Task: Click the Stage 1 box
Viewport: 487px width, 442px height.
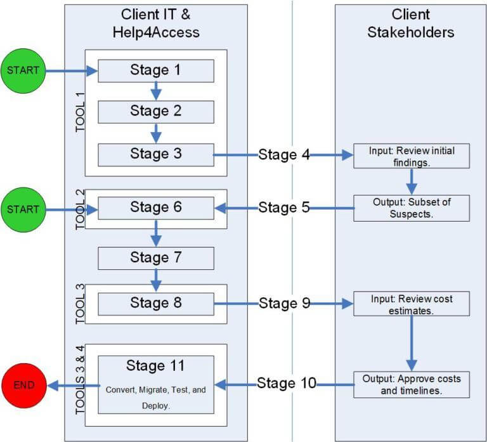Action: click(x=156, y=70)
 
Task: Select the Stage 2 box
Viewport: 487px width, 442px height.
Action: click(x=156, y=112)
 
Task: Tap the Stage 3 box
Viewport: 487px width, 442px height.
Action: click(x=156, y=154)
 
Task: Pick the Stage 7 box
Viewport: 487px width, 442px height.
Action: click(x=156, y=258)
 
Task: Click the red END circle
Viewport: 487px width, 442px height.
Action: click(x=24, y=385)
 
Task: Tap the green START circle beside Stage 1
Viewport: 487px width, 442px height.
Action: click(x=23, y=70)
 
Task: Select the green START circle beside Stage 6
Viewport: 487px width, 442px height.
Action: click(x=23, y=209)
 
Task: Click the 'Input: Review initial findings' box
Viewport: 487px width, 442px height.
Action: click(x=412, y=156)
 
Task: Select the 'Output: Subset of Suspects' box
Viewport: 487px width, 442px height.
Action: click(x=412, y=208)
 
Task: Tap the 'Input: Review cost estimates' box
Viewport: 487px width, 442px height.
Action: click(x=412, y=304)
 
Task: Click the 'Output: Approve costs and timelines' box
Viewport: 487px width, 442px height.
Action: click(x=412, y=384)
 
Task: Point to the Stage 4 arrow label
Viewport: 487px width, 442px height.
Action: click(x=284, y=155)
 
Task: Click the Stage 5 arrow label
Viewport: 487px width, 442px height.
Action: click(x=284, y=208)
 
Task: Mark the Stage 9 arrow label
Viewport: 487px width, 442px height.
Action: click(x=284, y=304)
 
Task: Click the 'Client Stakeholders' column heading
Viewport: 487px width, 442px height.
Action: click(x=411, y=23)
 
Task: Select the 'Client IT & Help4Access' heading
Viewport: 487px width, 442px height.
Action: click(x=155, y=23)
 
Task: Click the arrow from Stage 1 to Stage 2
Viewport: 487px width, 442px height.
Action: click(x=156, y=91)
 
